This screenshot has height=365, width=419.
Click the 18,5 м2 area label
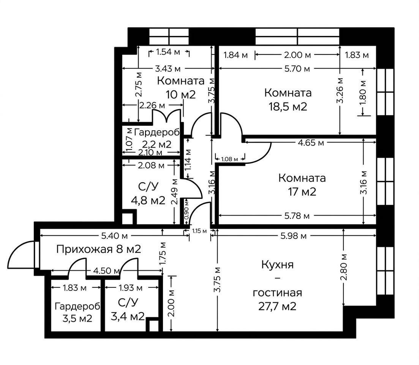click(287, 107)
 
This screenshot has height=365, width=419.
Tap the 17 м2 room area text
click(302, 192)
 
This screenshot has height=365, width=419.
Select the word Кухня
click(277, 265)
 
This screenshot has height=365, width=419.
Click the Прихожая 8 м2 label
click(99, 249)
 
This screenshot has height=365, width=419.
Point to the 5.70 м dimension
click(297, 69)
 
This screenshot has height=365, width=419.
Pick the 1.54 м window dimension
click(168, 52)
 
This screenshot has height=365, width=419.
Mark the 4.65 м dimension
click(311, 143)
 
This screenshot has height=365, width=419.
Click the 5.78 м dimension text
click(297, 216)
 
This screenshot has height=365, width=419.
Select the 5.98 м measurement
click(293, 236)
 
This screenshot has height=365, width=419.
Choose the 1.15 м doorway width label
click(199, 231)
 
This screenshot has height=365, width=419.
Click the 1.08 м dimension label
click(230, 159)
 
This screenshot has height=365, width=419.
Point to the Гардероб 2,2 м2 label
click(157, 138)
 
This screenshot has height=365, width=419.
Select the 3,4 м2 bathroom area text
click(128, 316)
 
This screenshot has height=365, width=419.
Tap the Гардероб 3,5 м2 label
click(77, 312)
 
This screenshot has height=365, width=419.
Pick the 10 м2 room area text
click(181, 94)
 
